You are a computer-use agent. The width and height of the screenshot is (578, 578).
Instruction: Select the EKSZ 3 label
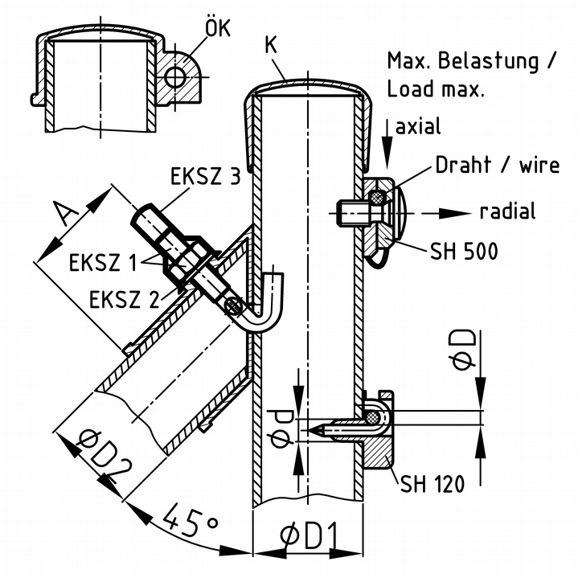pyautogui.click(x=205, y=177)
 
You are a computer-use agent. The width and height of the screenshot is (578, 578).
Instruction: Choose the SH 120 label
pyautogui.click(x=432, y=485)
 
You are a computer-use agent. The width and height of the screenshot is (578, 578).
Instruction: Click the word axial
pyautogui.click(x=418, y=127)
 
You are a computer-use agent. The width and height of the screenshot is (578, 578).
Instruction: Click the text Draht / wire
pyautogui.click(x=498, y=166)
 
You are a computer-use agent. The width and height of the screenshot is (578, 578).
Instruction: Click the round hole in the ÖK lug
pyautogui.click(x=175, y=76)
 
